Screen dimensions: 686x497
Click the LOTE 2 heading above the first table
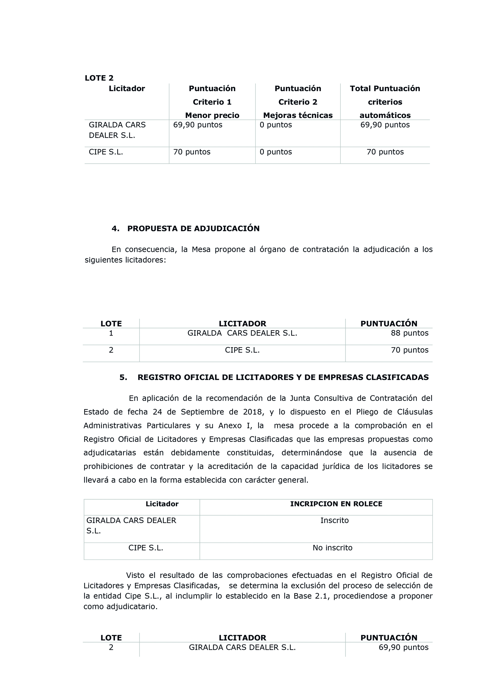(99, 78)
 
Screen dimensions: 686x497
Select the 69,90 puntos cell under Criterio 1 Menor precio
(198, 125)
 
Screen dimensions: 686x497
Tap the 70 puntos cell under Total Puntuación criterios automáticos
(385, 152)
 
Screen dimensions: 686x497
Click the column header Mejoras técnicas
(298, 115)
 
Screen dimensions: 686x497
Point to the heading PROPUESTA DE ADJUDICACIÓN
(193, 229)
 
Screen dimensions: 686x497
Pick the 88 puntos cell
(410, 333)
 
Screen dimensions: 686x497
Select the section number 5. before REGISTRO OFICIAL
(123, 378)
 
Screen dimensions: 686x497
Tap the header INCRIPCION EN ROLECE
(336, 504)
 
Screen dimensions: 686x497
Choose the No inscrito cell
(332, 548)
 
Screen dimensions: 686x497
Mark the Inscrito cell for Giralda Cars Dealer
(334, 521)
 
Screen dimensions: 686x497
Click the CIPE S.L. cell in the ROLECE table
(146, 548)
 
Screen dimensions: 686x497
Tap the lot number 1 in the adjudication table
(111, 333)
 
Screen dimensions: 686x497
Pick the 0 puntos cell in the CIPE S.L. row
(276, 152)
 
